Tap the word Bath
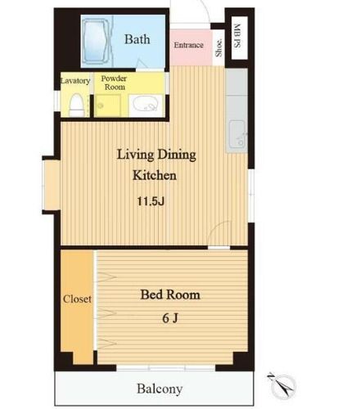(x=137, y=39)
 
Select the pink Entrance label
(x=189, y=45)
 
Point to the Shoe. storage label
(x=218, y=47)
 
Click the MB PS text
(x=237, y=36)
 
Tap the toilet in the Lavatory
(x=77, y=106)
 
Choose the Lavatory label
(x=75, y=81)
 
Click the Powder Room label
(x=114, y=83)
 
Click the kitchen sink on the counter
(x=236, y=134)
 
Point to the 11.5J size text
(x=151, y=201)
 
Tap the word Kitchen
(x=155, y=175)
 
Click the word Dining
(x=177, y=155)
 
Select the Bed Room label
(x=170, y=294)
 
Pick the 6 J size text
(x=170, y=318)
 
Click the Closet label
(x=77, y=299)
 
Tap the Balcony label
(x=160, y=389)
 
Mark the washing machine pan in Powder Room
(x=108, y=106)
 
